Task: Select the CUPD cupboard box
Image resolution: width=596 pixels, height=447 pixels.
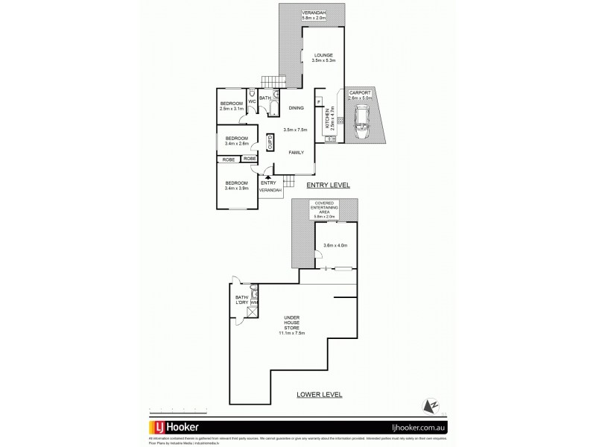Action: point(270,142)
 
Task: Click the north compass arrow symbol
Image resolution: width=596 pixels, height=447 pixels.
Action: point(430,405)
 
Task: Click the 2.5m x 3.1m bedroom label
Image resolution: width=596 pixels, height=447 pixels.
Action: point(231,106)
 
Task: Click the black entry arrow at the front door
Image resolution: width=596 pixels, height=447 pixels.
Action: point(257,177)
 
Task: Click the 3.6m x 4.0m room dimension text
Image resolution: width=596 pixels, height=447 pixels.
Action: point(336,244)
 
